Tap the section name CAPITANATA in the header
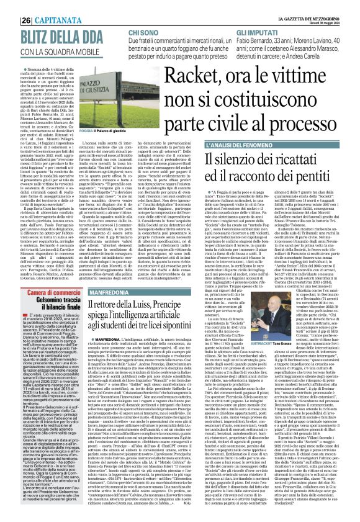pyautogui.click(x=41, y=5)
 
